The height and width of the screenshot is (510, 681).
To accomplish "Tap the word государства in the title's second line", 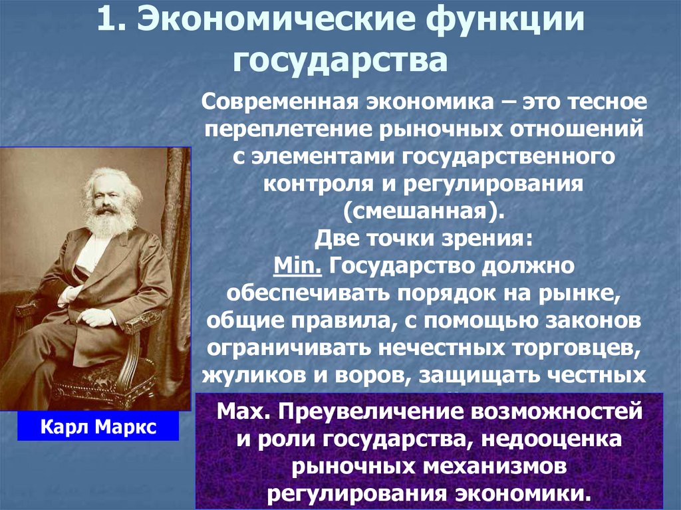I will coord(339,61).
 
